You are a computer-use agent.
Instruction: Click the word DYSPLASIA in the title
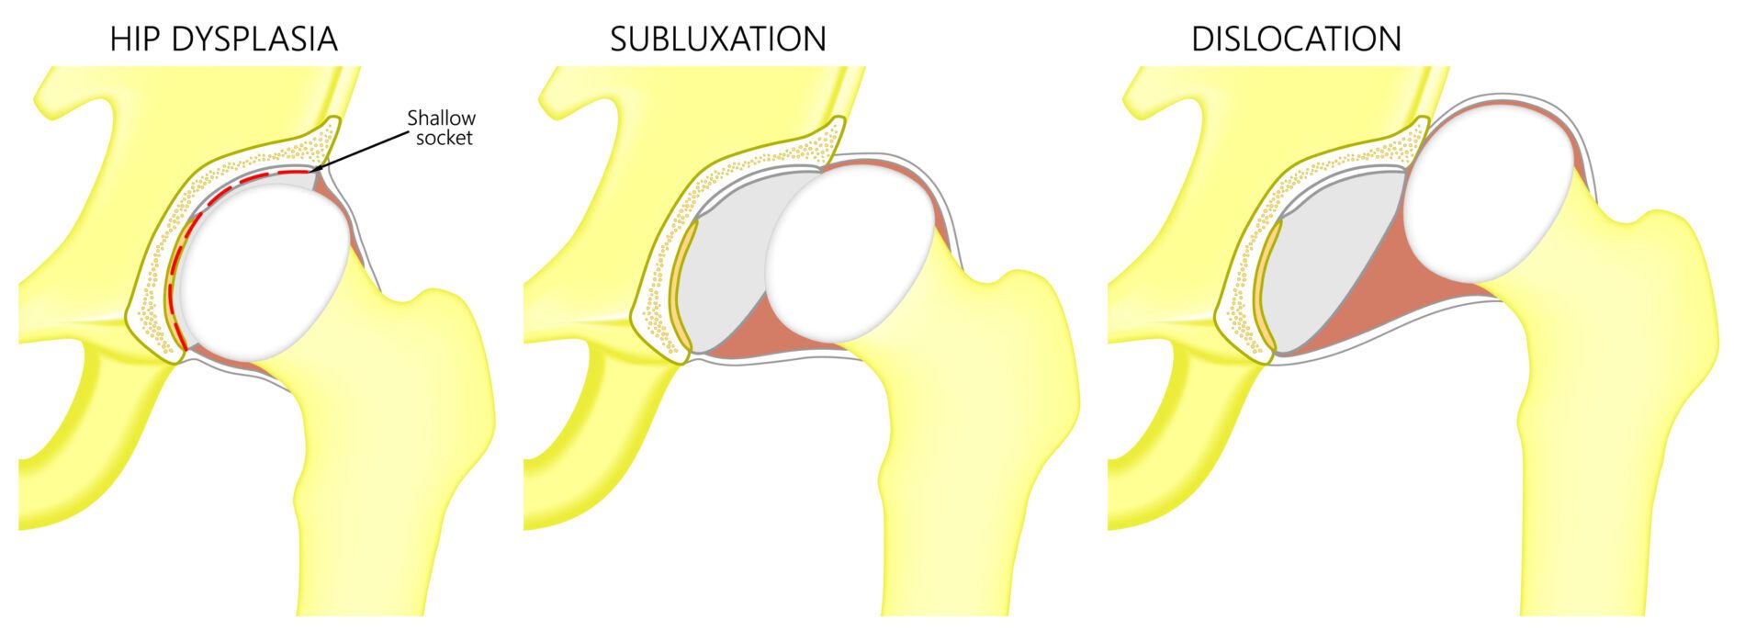tap(255, 39)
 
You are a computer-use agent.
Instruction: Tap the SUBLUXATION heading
tap(718, 39)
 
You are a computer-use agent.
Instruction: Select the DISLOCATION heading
tap(1296, 39)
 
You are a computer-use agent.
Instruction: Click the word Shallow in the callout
tap(441, 118)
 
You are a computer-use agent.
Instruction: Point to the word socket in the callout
tap(445, 138)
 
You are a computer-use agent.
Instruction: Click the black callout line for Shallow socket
tap(360, 150)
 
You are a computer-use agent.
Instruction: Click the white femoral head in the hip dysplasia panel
tap(265, 271)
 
